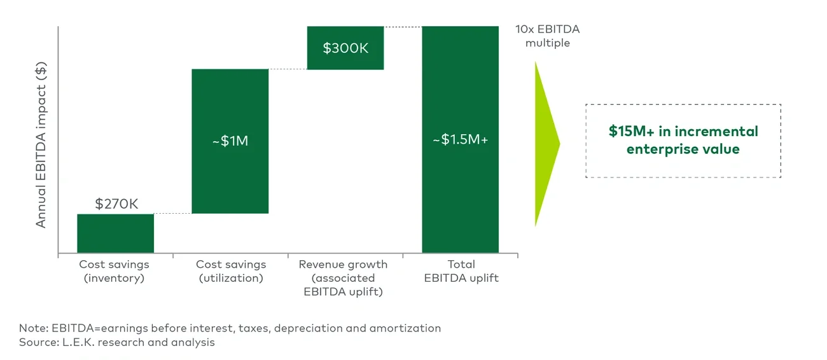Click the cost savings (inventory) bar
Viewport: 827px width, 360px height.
(x=115, y=233)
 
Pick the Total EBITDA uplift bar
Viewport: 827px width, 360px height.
(x=460, y=191)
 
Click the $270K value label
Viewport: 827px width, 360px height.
(x=116, y=204)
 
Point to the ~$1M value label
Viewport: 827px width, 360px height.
(x=230, y=141)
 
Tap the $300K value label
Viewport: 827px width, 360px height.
(x=345, y=48)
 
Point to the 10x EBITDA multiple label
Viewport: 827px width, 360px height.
(x=547, y=36)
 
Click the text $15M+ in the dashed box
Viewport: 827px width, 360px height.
(x=629, y=132)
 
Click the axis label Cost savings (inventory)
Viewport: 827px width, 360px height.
(x=114, y=271)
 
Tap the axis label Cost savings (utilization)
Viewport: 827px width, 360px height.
(x=231, y=271)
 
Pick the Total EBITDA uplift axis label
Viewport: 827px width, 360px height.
(x=461, y=271)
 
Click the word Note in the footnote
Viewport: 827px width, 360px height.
(x=31, y=328)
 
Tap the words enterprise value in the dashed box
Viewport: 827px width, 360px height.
(x=683, y=149)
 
